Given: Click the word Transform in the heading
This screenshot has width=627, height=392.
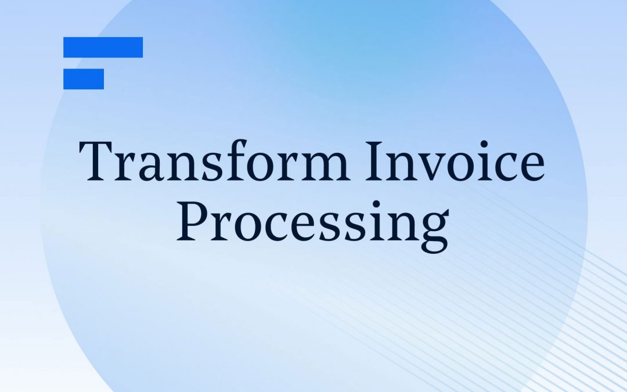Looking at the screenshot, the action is pyautogui.click(x=214, y=160).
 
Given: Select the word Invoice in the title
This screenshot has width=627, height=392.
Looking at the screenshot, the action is pyautogui.click(x=455, y=161).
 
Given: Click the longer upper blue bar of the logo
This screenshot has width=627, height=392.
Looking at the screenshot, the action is pyautogui.click(x=103, y=47).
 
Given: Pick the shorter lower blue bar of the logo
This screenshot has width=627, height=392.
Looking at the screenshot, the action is pyautogui.click(x=84, y=79).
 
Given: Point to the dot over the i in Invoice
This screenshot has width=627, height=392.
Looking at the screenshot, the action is pyautogui.click(x=484, y=143).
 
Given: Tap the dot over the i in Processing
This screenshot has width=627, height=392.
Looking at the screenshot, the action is pyautogui.click(x=376, y=204).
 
